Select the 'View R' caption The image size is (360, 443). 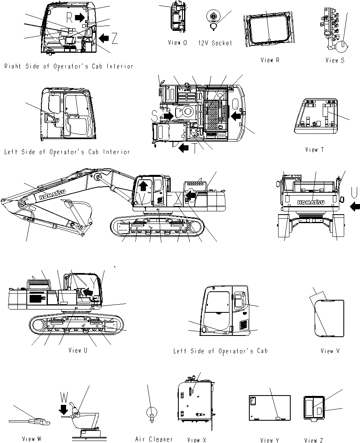(x=270, y=60)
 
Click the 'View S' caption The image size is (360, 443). (x=335, y=60)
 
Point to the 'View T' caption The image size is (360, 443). (x=314, y=150)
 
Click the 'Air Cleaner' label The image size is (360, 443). (x=154, y=439)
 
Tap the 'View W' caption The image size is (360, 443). (x=34, y=439)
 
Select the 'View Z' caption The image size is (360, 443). (x=313, y=440)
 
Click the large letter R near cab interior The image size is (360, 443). (x=69, y=17)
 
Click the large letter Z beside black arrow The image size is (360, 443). (x=115, y=39)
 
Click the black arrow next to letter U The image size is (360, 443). (x=355, y=207)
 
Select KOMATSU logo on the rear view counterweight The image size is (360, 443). (x=313, y=202)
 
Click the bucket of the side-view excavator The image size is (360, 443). (x=79, y=211)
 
